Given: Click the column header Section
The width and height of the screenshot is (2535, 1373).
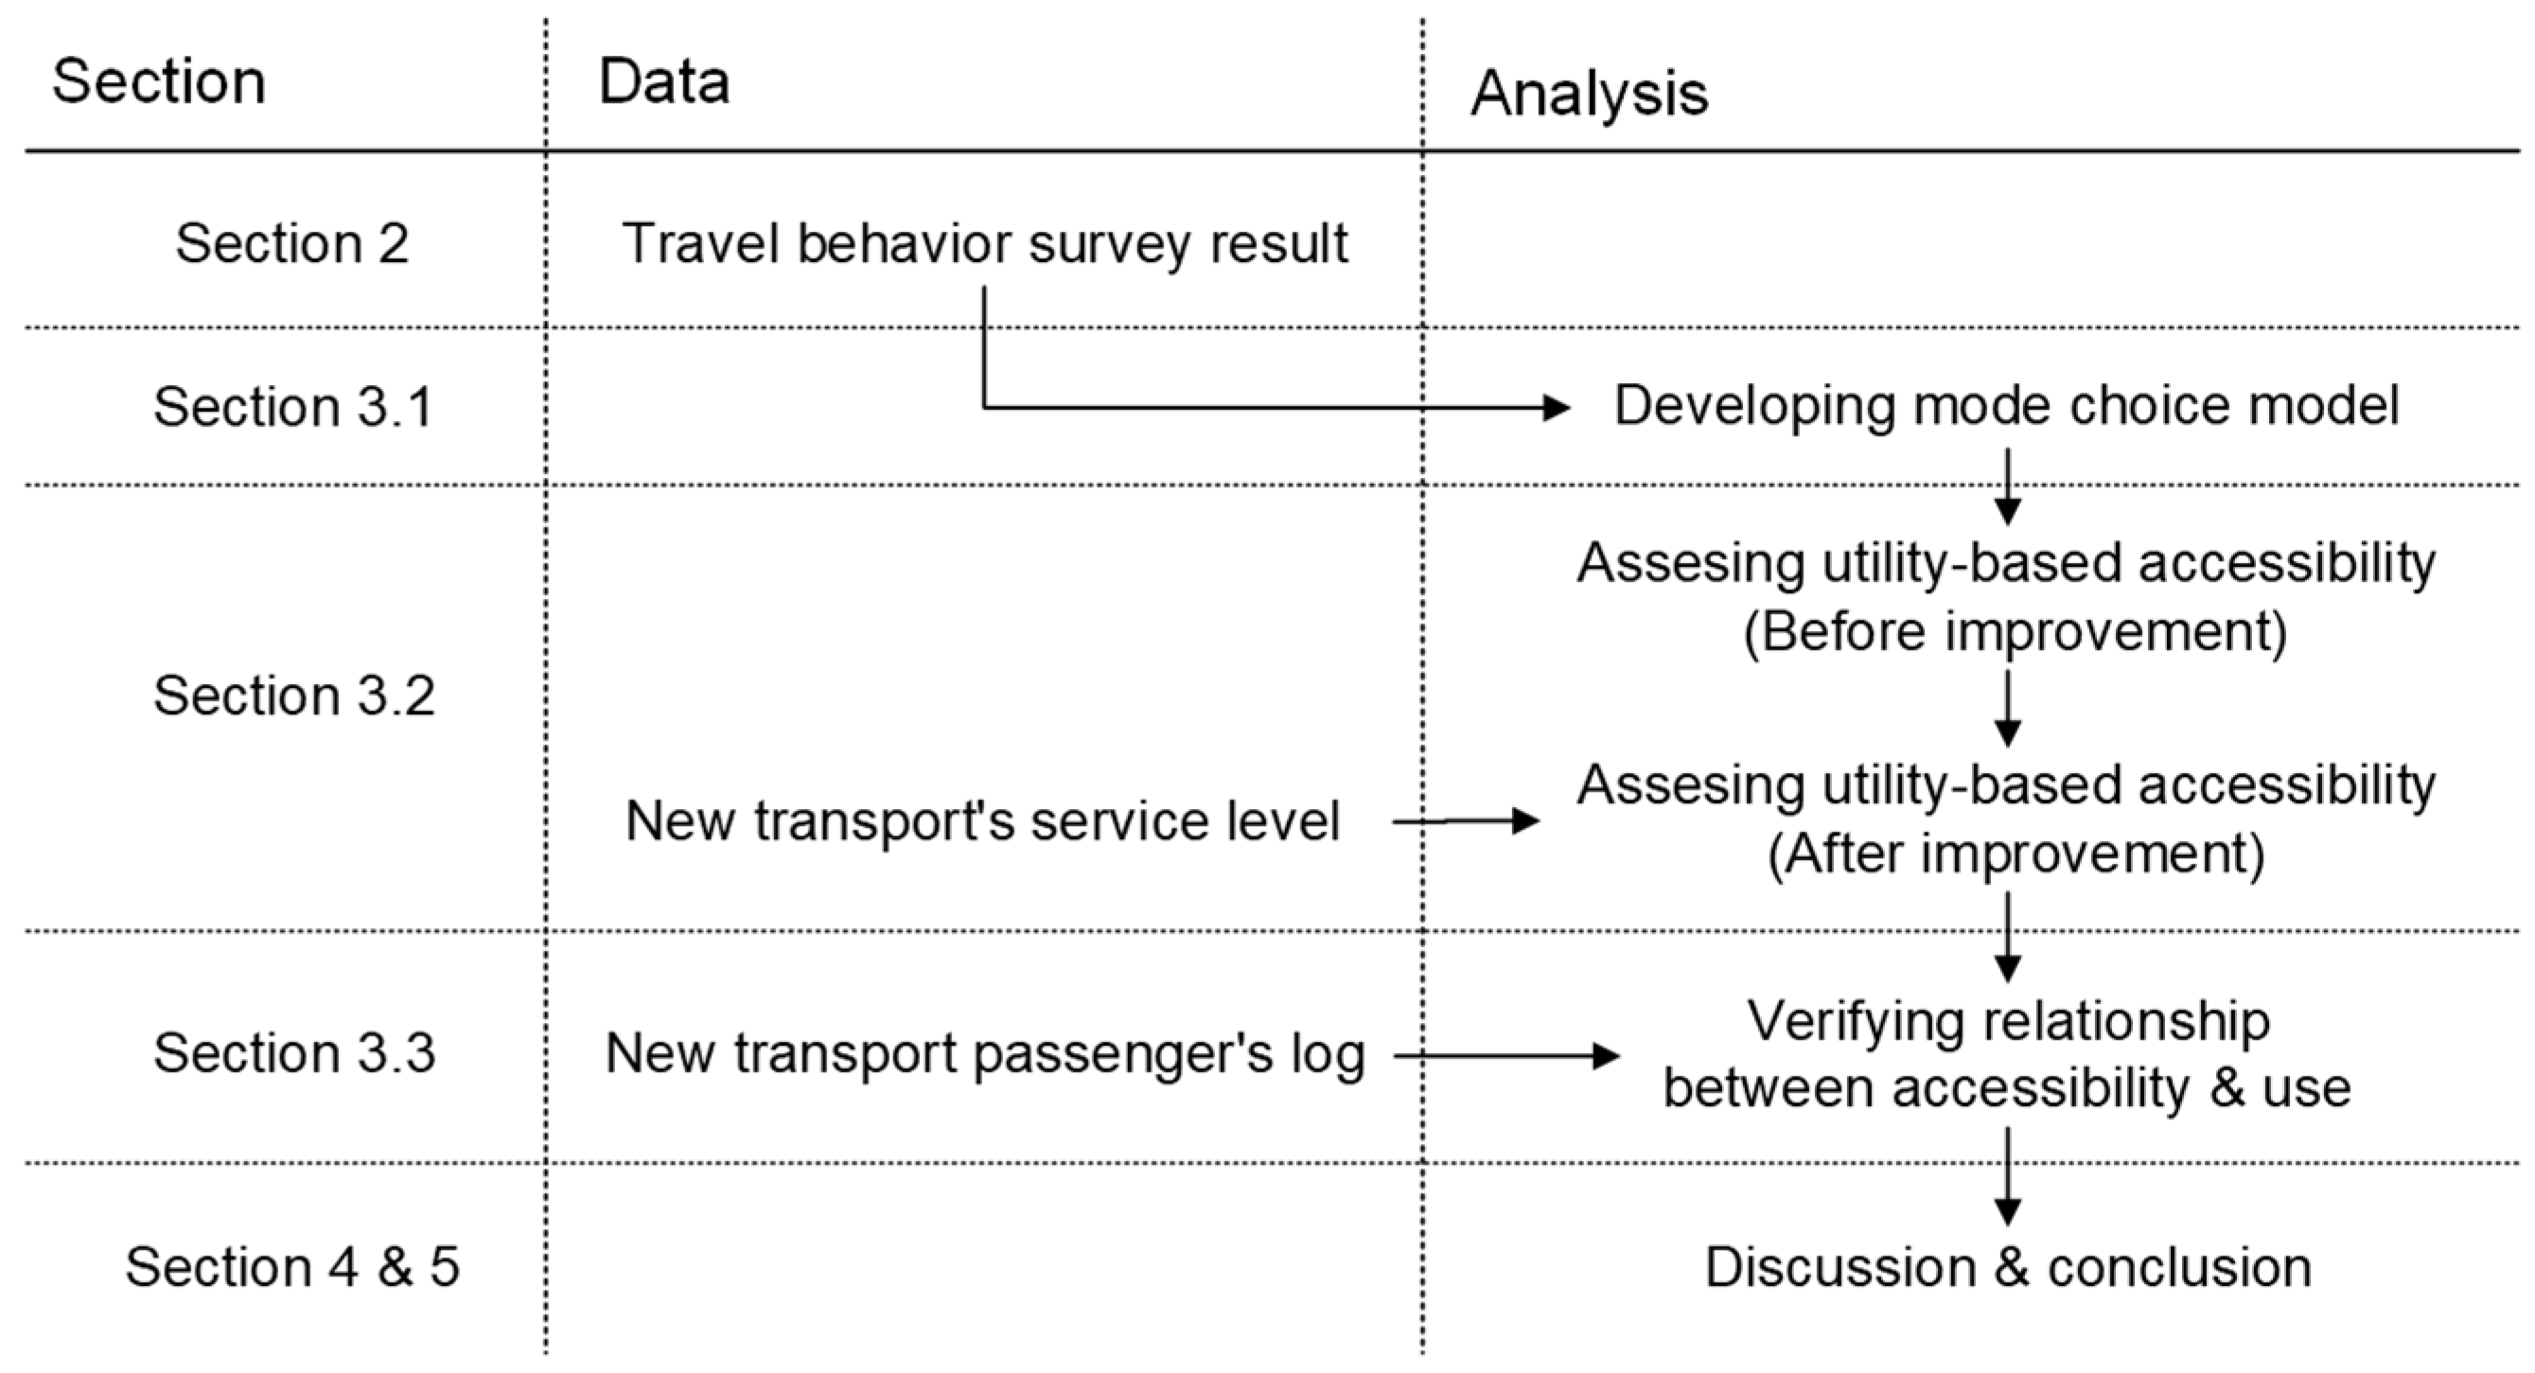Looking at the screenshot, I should [158, 81].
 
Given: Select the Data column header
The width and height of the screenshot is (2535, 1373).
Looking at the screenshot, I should [663, 81].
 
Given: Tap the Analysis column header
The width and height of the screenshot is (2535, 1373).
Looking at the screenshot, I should [1589, 95].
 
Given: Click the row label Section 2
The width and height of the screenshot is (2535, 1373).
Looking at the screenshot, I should [291, 243].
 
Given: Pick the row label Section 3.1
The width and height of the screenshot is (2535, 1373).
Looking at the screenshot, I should [293, 407].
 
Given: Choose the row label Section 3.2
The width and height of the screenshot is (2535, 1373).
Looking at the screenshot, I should [293, 695].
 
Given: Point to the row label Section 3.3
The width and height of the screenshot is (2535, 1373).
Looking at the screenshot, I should [293, 1053].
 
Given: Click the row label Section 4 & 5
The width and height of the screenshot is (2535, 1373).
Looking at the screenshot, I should [292, 1267].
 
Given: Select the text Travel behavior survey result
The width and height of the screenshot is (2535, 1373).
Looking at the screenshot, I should [984, 243].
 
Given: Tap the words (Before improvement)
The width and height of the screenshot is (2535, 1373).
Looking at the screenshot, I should [2015, 631].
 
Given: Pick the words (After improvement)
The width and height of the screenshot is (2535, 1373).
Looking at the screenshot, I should [2016, 854].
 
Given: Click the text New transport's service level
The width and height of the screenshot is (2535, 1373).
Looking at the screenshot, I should [982, 820].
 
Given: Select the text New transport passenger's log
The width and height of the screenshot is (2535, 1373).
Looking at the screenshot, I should [984, 1054].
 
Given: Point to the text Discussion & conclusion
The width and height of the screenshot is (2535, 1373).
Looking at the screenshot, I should [2008, 1267].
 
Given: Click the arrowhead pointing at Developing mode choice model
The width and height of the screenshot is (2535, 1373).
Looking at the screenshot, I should [1555, 407].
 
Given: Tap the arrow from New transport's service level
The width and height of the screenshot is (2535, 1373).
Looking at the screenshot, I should [1467, 820].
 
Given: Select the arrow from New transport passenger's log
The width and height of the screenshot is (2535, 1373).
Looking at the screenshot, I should [1505, 1056].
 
